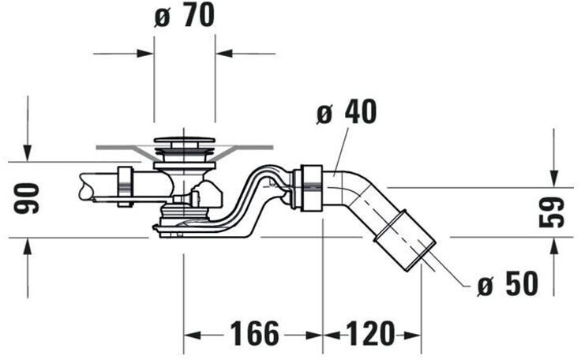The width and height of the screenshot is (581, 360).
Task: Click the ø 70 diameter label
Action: tap(184, 17)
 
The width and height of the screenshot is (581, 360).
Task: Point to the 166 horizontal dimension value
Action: tap(254, 335)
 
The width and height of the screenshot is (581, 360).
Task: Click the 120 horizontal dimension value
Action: tap(370, 335)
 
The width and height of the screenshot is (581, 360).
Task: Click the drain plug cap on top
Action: tap(183, 142)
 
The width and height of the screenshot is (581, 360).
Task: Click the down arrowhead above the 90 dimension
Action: tap(28, 153)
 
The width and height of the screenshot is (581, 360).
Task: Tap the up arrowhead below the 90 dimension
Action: tap(28, 246)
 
